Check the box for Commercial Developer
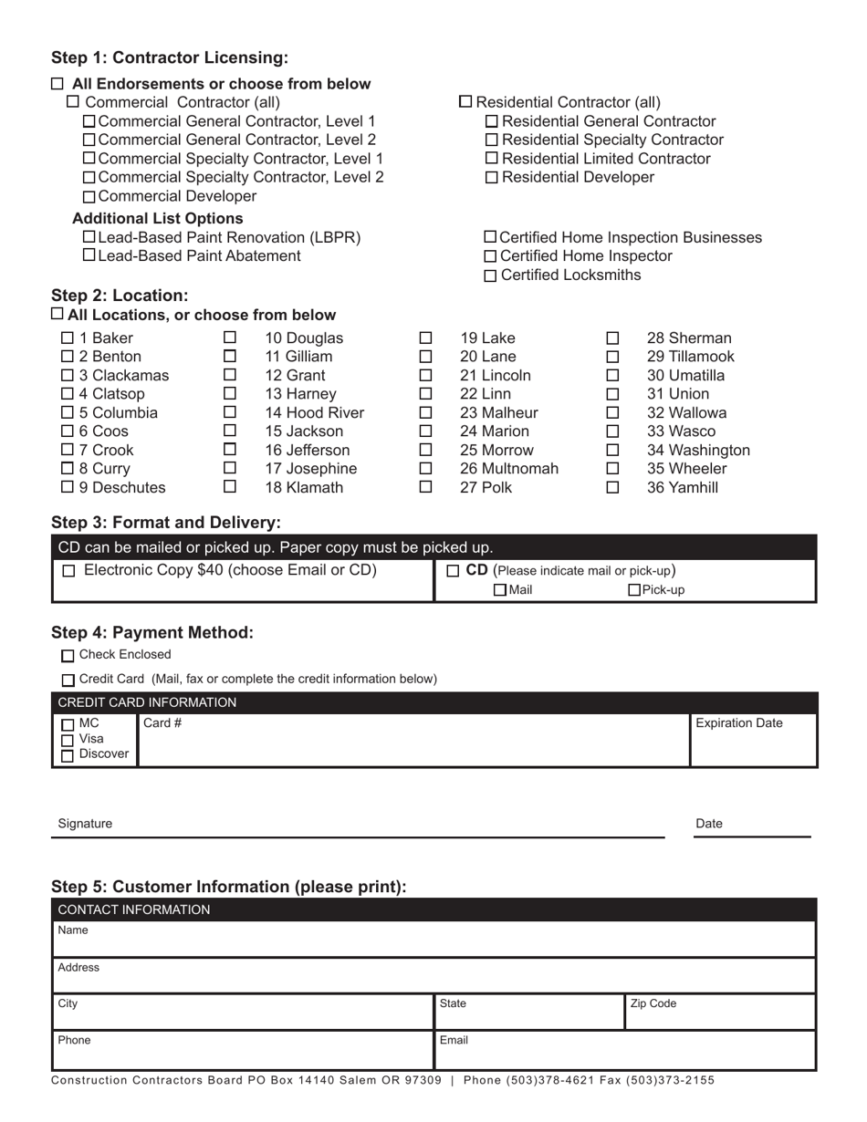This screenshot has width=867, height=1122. [x=89, y=197]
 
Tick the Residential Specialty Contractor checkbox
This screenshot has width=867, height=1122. [x=492, y=140]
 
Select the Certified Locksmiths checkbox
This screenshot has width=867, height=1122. [x=492, y=275]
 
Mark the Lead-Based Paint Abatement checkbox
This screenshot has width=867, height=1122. [x=89, y=255]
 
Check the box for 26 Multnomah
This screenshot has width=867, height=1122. [x=425, y=469]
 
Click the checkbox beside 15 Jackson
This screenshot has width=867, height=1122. [x=230, y=431]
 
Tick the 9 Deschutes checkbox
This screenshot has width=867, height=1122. [x=68, y=488]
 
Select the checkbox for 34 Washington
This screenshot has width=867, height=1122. [x=613, y=451]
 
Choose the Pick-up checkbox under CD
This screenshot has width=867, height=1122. [x=634, y=590]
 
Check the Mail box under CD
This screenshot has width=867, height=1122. [x=499, y=590]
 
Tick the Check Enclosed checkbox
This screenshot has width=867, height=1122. [x=68, y=656]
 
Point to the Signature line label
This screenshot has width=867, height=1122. [x=85, y=824]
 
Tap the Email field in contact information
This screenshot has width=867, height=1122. [x=624, y=1051]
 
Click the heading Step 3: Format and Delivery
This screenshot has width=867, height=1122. [x=166, y=523]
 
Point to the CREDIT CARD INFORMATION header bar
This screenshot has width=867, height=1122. [x=433, y=702]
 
